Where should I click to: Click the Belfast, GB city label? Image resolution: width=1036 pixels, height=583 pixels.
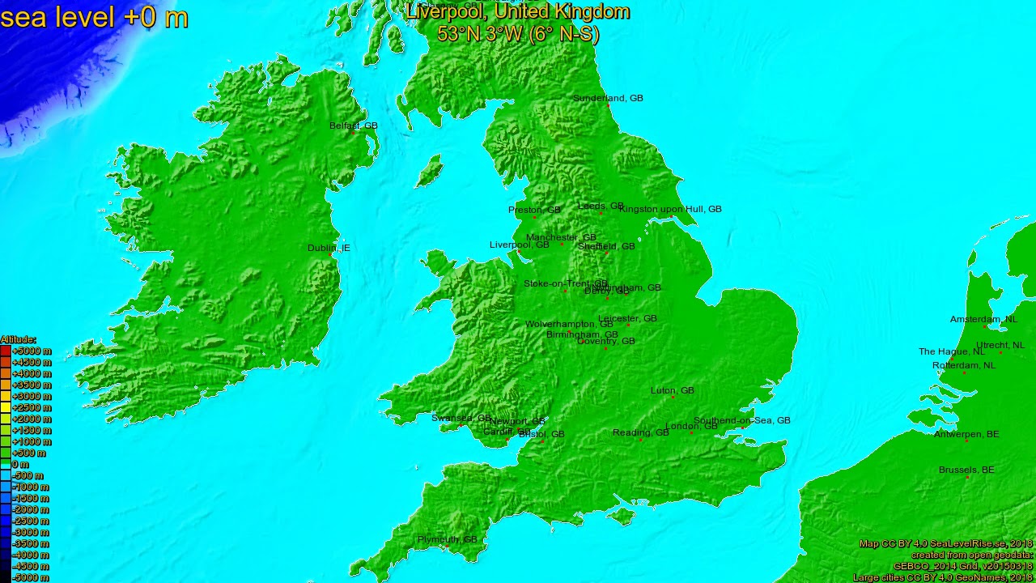[x=353, y=126]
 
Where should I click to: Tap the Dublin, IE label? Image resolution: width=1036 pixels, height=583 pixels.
[x=329, y=248]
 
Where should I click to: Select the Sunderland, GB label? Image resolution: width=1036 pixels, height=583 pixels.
[x=608, y=98]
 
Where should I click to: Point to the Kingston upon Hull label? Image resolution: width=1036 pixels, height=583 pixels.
[x=669, y=209]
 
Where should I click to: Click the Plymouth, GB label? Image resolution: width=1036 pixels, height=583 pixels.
[x=447, y=539]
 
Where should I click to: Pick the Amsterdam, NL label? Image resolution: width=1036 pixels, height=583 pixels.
[x=983, y=319]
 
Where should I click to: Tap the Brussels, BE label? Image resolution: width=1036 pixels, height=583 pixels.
[x=966, y=470]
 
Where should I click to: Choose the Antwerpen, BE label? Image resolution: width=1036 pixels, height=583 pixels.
[x=966, y=434]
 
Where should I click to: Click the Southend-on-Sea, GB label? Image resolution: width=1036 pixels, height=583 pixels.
[x=741, y=420]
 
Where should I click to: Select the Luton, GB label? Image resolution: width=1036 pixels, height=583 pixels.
[x=672, y=390]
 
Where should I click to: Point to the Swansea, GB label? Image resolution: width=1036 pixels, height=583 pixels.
[x=461, y=418]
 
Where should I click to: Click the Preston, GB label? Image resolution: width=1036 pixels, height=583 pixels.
[x=534, y=210]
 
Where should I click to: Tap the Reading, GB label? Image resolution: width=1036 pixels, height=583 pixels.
[x=640, y=432]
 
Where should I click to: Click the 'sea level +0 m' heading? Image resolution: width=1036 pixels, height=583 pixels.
[x=94, y=17]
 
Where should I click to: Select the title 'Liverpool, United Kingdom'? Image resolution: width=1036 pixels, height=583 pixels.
[x=518, y=11]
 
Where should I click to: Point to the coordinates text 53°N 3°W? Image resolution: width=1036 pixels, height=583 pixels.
[x=518, y=34]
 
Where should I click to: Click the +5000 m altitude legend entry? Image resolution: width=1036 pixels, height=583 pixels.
[x=31, y=351]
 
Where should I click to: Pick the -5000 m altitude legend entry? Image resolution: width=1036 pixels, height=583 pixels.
[x=31, y=577]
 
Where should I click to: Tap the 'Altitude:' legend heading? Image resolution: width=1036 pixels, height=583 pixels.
[x=18, y=339]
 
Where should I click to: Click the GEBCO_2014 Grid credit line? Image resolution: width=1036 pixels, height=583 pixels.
[x=962, y=566]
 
